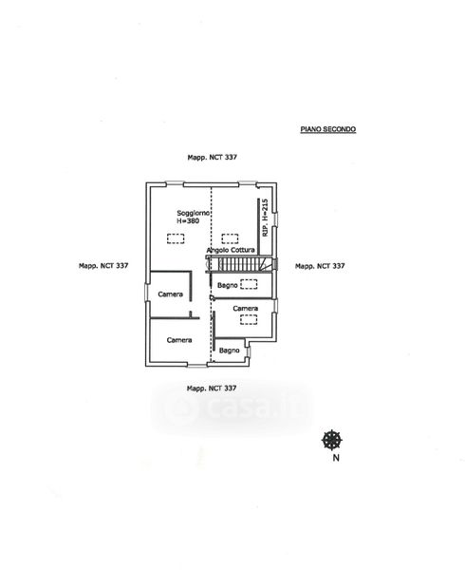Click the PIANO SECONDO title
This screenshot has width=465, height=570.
click(x=328, y=129)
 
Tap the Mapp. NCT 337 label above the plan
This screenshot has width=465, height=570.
click(x=212, y=158)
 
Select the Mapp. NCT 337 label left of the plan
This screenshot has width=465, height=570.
click(x=103, y=266)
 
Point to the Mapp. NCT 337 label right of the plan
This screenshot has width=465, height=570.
click(x=320, y=266)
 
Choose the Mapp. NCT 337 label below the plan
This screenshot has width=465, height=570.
click(x=212, y=389)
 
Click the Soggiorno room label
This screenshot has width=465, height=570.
click(x=193, y=213)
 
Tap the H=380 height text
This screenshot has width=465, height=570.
click(x=188, y=220)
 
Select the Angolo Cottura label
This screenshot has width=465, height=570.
click(x=231, y=250)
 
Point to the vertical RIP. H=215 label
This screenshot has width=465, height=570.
click(x=265, y=218)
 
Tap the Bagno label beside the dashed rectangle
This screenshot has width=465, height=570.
click(x=227, y=285)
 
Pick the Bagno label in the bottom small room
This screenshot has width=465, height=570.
click(x=229, y=351)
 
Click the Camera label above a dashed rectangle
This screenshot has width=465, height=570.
click(x=246, y=309)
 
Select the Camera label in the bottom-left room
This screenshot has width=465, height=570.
click(x=179, y=340)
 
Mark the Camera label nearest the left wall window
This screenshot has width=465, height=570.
click(x=170, y=294)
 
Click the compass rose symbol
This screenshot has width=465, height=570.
click(x=332, y=440)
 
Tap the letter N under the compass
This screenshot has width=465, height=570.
click(x=336, y=458)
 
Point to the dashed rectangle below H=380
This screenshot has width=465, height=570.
click(x=176, y=238)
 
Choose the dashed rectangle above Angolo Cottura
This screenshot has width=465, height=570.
click(x=231, y=238)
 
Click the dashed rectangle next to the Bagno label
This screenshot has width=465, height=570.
click(x=249, y=284)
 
